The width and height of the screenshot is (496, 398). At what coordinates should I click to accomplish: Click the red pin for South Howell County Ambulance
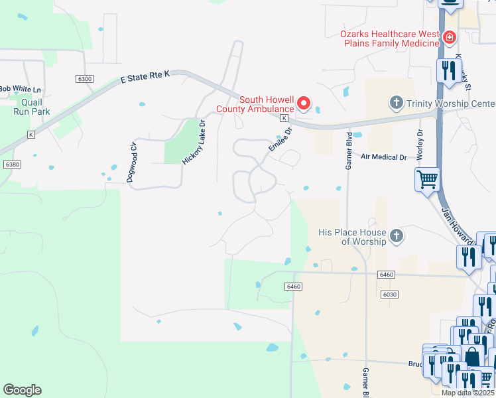coord(304,103)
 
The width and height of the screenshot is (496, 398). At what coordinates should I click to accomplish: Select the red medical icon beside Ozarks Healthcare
coord(450,37)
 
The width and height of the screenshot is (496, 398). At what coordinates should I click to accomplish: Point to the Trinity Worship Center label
coord(451,103)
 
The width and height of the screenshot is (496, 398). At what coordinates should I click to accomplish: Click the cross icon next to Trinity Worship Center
coord(396,102)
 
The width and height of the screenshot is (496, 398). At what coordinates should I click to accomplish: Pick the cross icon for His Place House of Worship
coord(396,236)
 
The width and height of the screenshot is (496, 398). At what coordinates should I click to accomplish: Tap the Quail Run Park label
coord(32,107)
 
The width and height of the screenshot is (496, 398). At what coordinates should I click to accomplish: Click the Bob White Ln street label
coord(20,89)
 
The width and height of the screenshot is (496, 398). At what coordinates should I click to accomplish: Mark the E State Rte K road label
coord(145,78)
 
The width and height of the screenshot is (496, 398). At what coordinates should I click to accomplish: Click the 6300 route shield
coord(84,79)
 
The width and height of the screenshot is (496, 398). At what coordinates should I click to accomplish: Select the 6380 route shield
coord(11,164)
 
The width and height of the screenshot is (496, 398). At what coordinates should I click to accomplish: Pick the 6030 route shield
coord(389,294)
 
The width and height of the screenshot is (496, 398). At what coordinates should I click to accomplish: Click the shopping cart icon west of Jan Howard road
coord(426,178)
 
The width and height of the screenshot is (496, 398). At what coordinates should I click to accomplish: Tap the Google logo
coord(22,390)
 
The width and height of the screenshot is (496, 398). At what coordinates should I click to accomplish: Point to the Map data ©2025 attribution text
coord(467,393)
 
